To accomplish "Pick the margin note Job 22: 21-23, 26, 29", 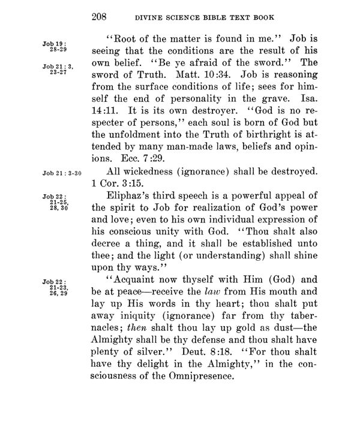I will click(x=53, y=290).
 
